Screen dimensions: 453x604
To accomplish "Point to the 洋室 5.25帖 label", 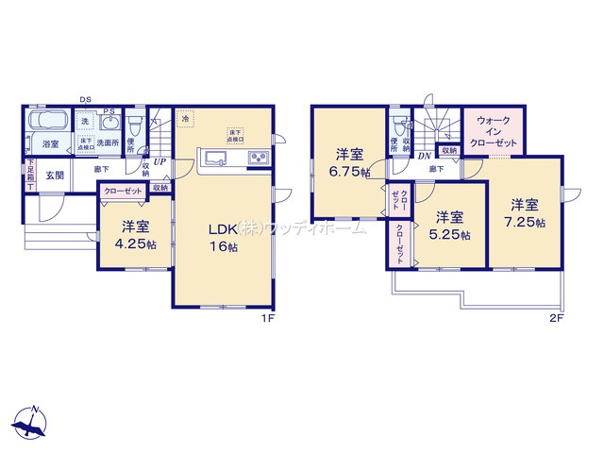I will tap(449, 226).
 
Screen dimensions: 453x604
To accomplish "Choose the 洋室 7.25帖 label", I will tap(526, 213).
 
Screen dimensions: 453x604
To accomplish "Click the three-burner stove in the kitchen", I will tap(259, 159).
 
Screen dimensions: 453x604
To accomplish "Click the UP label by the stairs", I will tap(159, 162).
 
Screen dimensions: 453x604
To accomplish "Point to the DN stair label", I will tap(426, 157).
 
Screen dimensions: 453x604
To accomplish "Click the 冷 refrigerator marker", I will tap(186, 119).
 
